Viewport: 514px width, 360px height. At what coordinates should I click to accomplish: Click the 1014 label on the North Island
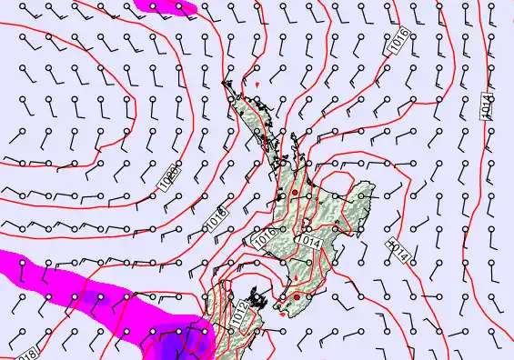tap(308, 243)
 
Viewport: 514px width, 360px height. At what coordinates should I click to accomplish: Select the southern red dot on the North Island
tap(297, 295)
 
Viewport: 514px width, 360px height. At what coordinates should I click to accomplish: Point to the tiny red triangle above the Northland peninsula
tap(258, 85)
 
